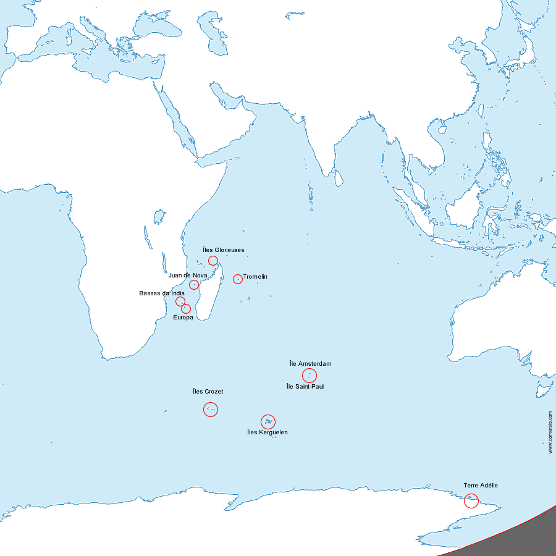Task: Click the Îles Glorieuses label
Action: [223, 250]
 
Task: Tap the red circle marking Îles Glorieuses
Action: [213, 261]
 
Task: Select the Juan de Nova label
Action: [188, 275]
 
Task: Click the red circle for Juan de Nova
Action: [194, 285]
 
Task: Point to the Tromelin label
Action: [255, 277]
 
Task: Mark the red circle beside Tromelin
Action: [237, 279]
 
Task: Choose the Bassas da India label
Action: [162, 293]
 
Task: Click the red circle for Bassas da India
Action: [180, 301]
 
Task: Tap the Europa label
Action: [183, 318]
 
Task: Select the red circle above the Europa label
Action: [186, 308]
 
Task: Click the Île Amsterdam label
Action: [310, 364]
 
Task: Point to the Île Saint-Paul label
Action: [305, 387]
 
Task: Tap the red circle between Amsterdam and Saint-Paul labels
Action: [310, 376]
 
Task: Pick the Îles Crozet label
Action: [208, 392]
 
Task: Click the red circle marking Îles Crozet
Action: [211, 409]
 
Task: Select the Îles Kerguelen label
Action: [267, 432]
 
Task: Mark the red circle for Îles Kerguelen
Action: [268, 421]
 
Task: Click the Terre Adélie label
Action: [481, 486]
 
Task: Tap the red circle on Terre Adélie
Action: [471, 501]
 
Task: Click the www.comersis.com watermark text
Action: [550, 432]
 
